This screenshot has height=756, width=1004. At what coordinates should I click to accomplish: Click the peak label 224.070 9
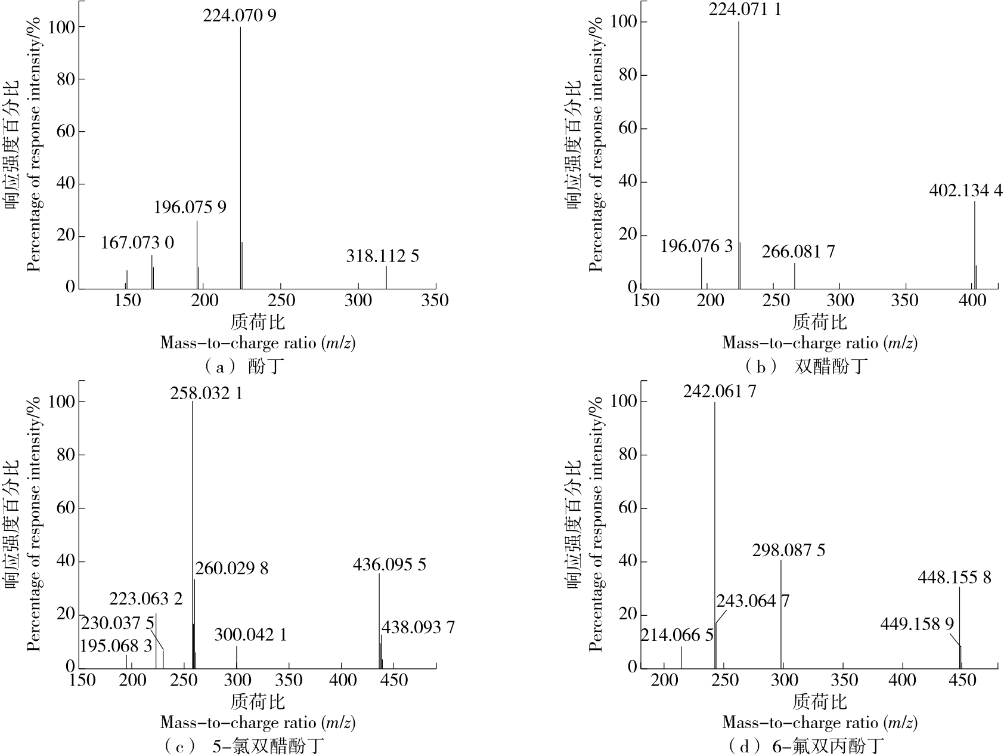[x=240, y=15]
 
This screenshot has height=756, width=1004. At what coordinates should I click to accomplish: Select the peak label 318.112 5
[x=382, y=256]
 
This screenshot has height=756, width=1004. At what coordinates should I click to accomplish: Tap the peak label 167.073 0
[x=137, y=243]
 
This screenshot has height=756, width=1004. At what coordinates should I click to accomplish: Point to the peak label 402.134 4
[x=965, y=190]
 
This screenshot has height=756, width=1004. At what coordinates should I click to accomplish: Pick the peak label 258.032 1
[x=206, y=393]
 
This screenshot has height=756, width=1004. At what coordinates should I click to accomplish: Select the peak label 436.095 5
[x=389, y=564]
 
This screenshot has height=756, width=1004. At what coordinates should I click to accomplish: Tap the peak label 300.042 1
[x=250, y=634]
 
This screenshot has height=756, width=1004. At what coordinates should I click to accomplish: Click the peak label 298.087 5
[x=789, y=550]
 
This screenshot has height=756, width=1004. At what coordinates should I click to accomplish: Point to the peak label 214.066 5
[x=677, y=635]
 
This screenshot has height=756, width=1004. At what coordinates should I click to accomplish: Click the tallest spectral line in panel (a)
[x=241, y=155]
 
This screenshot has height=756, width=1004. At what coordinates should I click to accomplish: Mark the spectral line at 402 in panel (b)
[x=975, y=245]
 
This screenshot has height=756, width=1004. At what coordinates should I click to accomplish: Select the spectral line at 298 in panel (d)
[x=781, y=615]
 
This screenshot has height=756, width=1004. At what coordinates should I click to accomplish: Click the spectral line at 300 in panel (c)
[x=237, y=656]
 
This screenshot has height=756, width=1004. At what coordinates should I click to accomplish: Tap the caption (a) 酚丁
[x=241, y=366]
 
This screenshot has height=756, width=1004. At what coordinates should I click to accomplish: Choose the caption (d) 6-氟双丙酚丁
[x=805, y=746]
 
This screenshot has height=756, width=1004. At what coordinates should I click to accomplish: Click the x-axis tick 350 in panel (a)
[x=435, y=300]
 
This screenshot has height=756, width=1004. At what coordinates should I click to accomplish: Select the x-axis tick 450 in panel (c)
[x=393, y=680]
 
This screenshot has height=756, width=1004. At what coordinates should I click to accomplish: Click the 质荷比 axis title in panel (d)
[x=819, y=701]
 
